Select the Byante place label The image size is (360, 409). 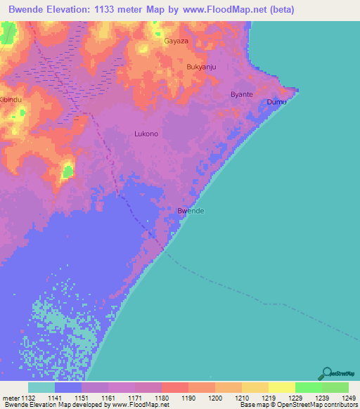(242, 94)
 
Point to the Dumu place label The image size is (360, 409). (276, 103)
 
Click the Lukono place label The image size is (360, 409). (146, 134)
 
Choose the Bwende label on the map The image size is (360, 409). (191, 211)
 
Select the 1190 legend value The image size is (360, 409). (188, 398)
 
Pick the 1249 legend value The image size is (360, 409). (340, 398)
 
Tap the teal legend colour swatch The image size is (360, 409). (41, 387)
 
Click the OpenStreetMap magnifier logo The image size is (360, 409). (326, 374)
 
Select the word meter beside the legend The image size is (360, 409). (10, 398)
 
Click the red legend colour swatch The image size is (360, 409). (175, 387)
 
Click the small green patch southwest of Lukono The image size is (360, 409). (67, 170)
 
